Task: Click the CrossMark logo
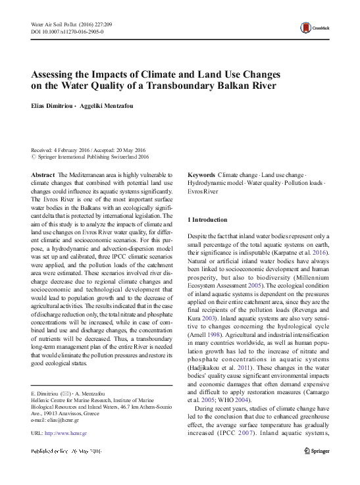[311, 28]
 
